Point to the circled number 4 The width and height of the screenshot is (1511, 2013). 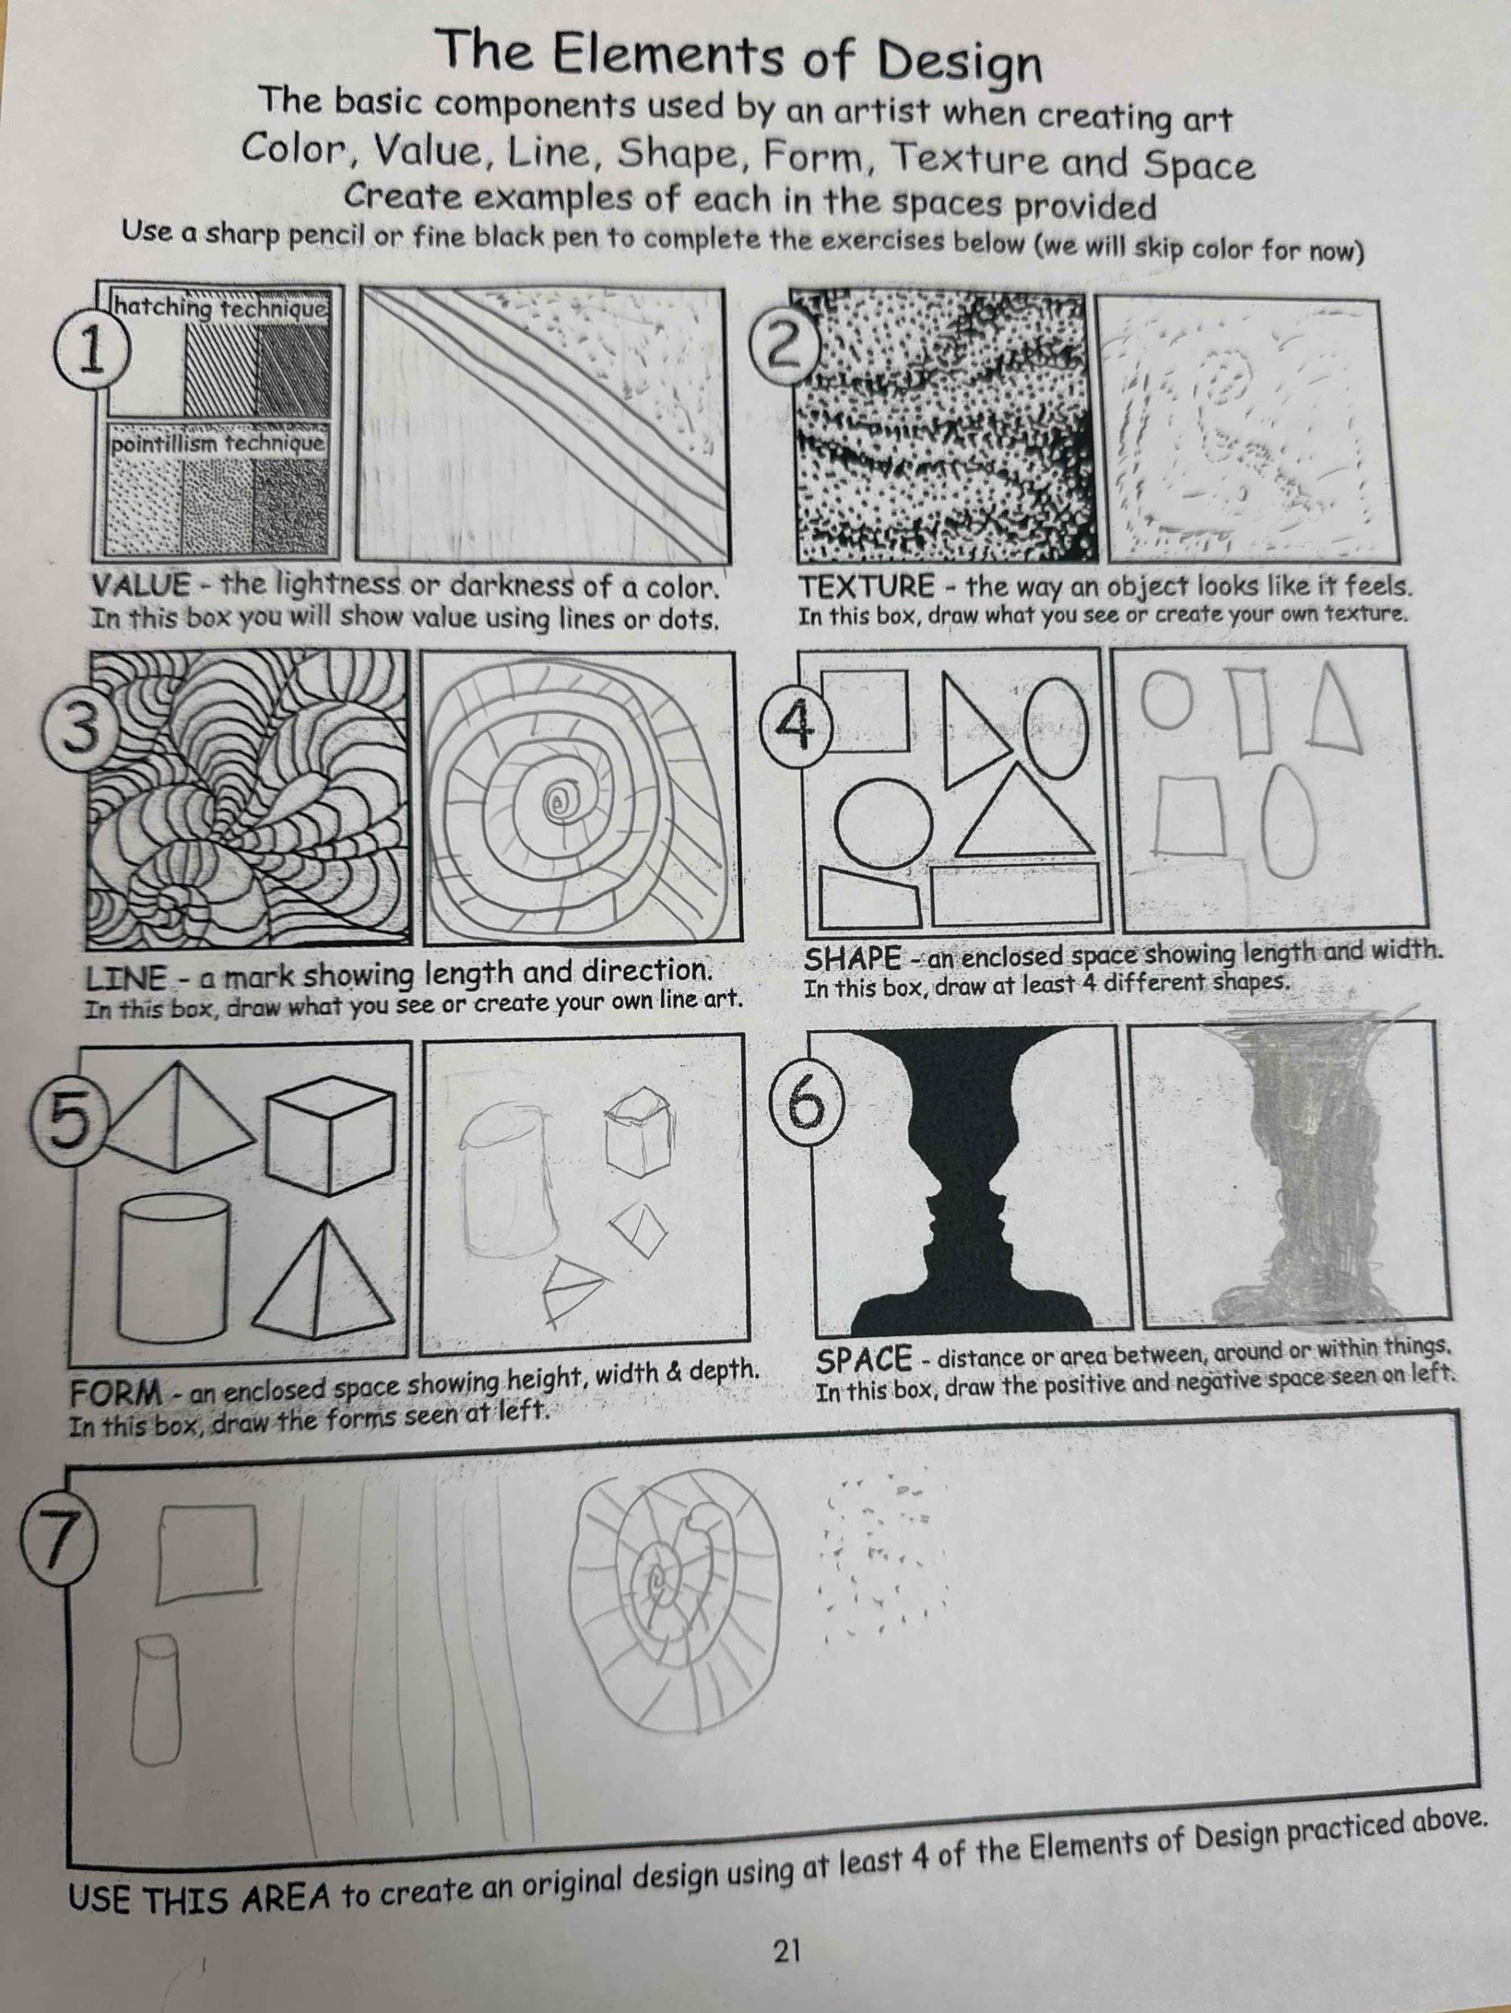click(x=797, y=725)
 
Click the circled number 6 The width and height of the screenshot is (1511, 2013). click(x=807, y=1102)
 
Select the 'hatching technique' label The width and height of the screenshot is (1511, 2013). click(x=219, y=309)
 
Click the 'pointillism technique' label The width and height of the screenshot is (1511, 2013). click(x=217, y=443)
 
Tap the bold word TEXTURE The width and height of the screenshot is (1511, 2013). click(x=866, y=586)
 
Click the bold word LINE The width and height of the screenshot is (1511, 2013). click(x=126, y=979)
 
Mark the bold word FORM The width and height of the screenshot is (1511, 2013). click(x=117, y=1393)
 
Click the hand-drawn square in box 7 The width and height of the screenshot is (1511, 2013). click(x=209, y=1554)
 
